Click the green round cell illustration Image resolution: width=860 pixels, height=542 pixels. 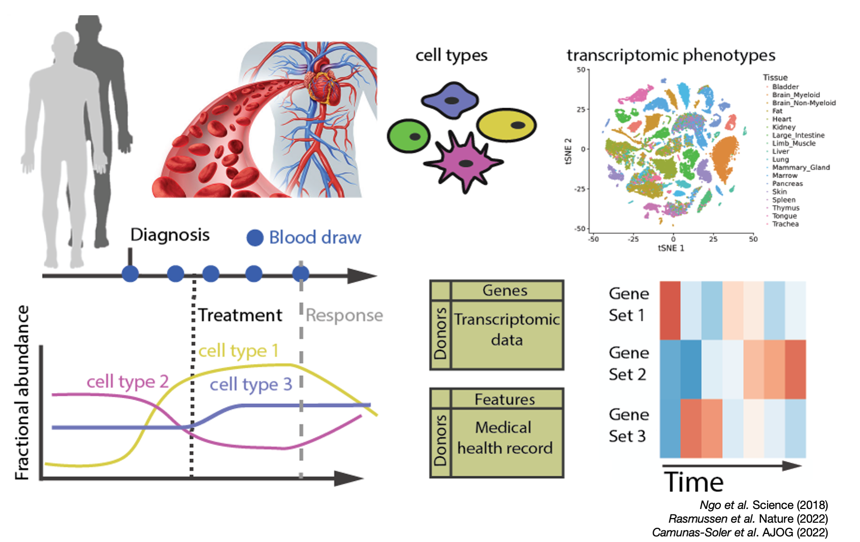(x=408, y=136)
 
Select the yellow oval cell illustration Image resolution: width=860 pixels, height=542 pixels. (x=506, y=125)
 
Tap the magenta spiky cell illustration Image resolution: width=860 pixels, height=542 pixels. (x=463, y=162)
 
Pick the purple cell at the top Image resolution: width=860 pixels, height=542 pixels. (x=450, y=100)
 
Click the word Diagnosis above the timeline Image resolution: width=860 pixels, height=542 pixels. (x=170, y=235)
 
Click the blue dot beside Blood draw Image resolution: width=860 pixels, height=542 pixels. (x=255, y=238)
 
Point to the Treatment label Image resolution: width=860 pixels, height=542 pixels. (x=240, y=315)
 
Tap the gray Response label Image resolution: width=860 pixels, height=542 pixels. (x=344, y=315)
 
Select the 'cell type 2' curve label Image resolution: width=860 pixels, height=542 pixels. (x=127, y=381)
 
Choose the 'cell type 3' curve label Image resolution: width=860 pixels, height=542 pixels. (x=251, y=385)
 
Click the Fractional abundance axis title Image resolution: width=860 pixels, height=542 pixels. (x=22, y=393)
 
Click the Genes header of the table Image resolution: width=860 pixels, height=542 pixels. (x=505, y=291)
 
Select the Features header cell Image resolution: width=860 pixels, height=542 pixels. (x=505, y=400)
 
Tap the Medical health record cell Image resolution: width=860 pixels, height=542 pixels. (x=505, y=438)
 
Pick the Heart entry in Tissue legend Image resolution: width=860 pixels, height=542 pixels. (x=782, y=119)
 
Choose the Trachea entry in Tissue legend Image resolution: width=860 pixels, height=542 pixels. (x=785, y=224)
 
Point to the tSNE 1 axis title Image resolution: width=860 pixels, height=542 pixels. (x=671, y=248)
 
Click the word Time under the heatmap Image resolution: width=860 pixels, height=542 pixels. (x=693, y=482)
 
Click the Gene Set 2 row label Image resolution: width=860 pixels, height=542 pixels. (x=628, y=364)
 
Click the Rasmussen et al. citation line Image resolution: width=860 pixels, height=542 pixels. (x=748, y=519)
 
